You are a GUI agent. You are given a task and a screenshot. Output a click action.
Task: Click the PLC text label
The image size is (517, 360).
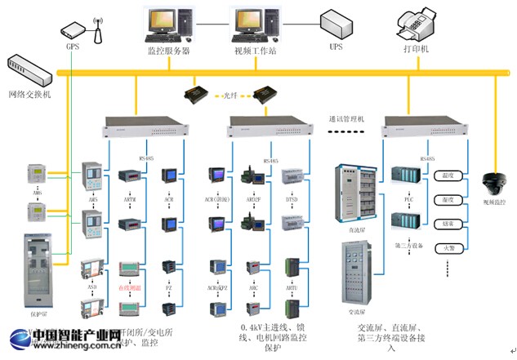[x=405, y=198]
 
